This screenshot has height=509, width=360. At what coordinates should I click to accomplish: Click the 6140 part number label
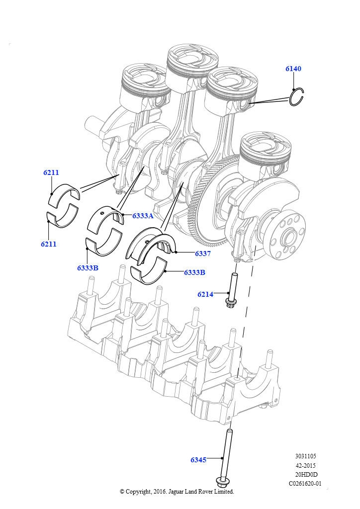293,69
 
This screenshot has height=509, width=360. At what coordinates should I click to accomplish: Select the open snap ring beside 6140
297,97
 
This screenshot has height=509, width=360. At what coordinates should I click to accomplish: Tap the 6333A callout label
143,216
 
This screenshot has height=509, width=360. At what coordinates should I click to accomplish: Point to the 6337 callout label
203,254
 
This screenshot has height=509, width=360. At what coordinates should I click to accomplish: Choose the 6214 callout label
205,294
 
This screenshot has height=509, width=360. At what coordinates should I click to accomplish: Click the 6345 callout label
198,460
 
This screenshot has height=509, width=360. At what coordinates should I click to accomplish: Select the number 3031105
305,456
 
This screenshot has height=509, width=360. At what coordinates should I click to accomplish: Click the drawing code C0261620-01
305,483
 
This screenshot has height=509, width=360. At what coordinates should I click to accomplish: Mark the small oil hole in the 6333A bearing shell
102,214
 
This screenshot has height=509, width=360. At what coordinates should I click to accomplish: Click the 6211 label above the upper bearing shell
51,172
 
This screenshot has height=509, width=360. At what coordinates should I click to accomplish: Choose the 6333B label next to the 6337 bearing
194,272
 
